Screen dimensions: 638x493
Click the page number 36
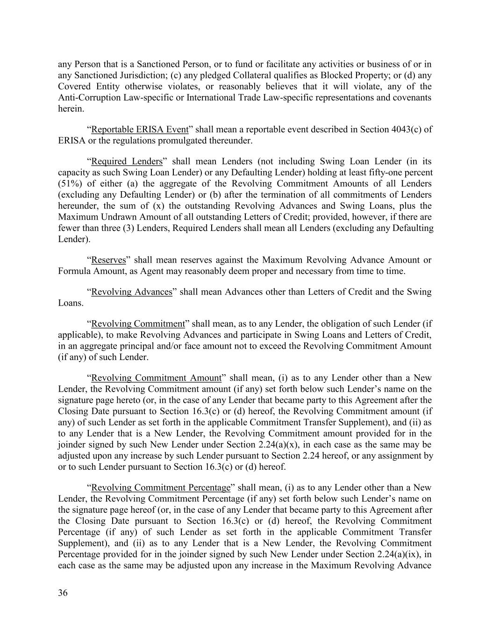click(x=63, y=593)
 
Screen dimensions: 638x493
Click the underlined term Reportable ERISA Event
click(x=140, y=129)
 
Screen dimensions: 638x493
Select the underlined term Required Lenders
click(x=127, y=161)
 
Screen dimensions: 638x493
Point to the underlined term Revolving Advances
click(x=132, y=292)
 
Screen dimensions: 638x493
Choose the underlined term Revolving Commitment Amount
click(x=156, y=378)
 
